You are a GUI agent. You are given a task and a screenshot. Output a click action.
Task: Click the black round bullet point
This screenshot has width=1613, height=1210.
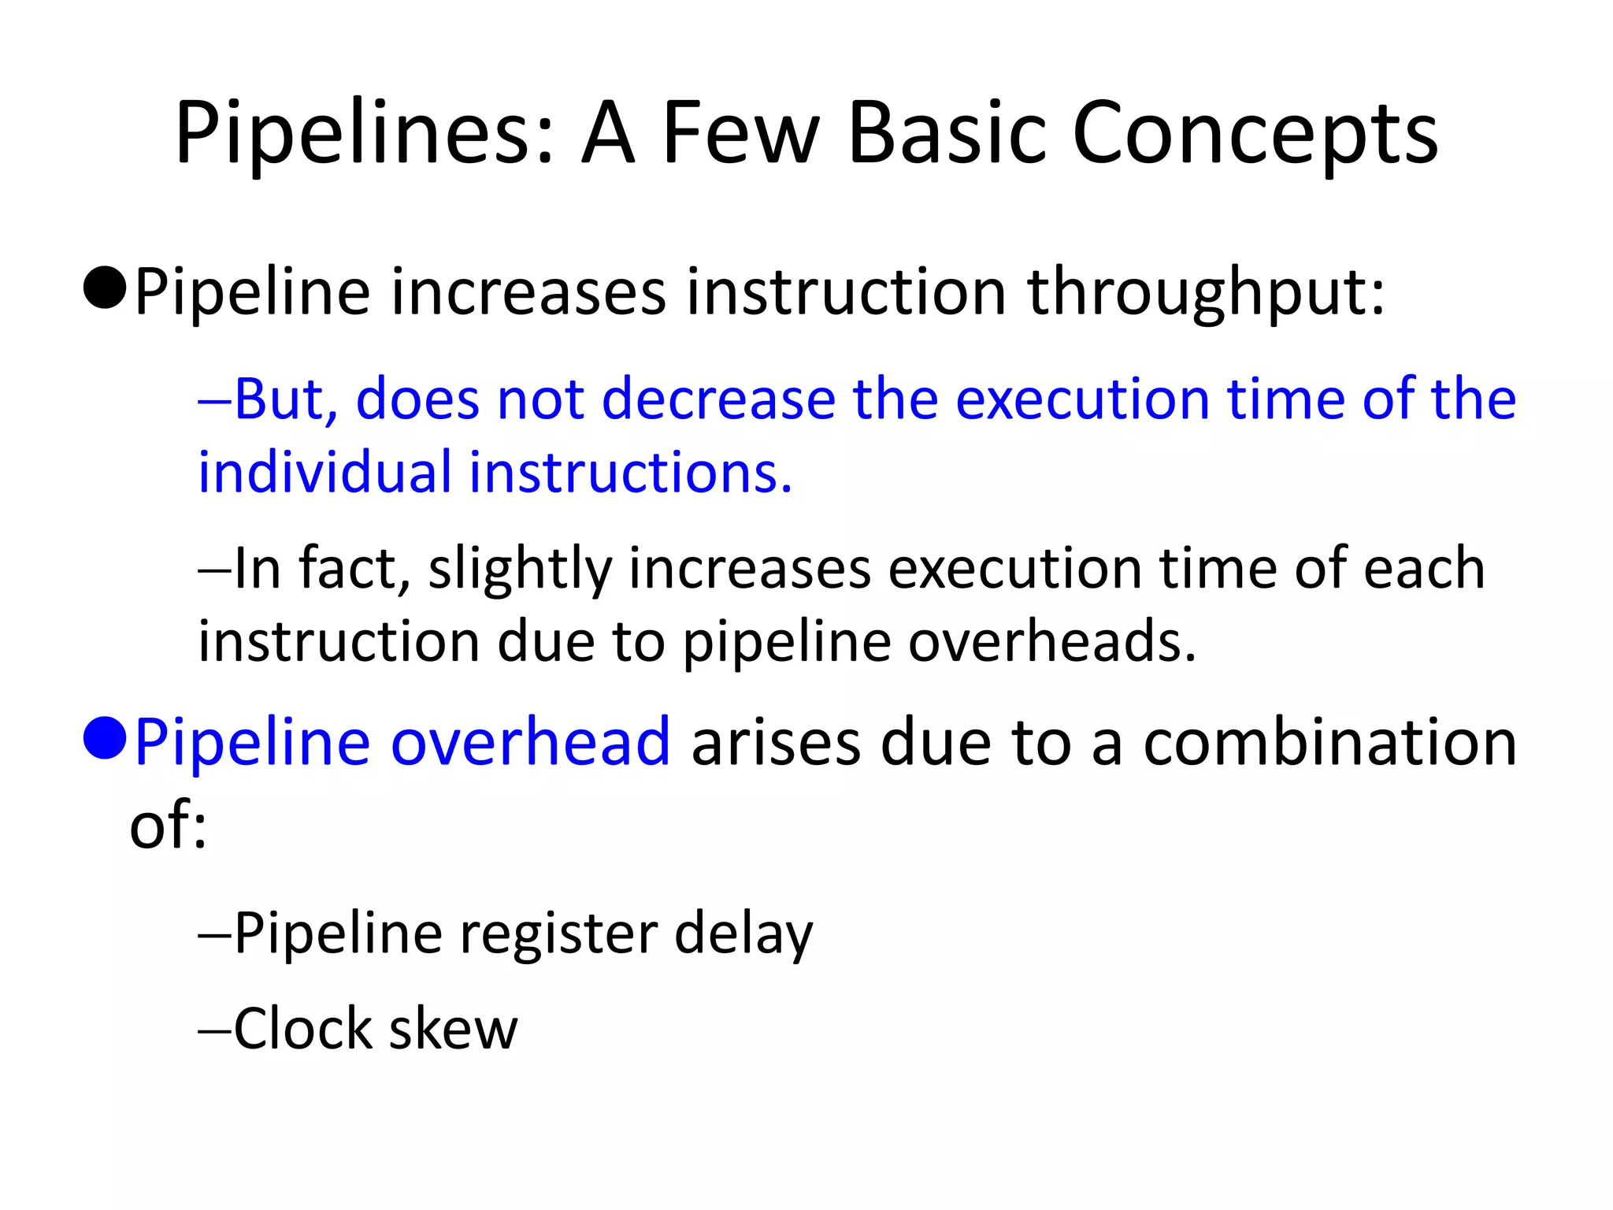click(x=105, y=288)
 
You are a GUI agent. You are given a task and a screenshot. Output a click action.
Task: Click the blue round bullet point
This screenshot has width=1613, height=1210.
click(x=105, y=739)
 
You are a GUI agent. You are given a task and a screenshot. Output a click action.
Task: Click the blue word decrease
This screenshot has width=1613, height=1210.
click(x=718, y=399)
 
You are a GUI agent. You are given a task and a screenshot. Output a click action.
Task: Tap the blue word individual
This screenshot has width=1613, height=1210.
click(x=324, y=473)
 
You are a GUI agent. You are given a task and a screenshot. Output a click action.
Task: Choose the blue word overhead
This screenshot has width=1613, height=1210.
click(x=530, y=742)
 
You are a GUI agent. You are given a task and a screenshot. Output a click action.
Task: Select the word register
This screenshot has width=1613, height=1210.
click(x=558, y=934)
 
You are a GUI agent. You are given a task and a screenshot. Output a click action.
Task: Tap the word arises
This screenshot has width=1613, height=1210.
click(x=776, y=742)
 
